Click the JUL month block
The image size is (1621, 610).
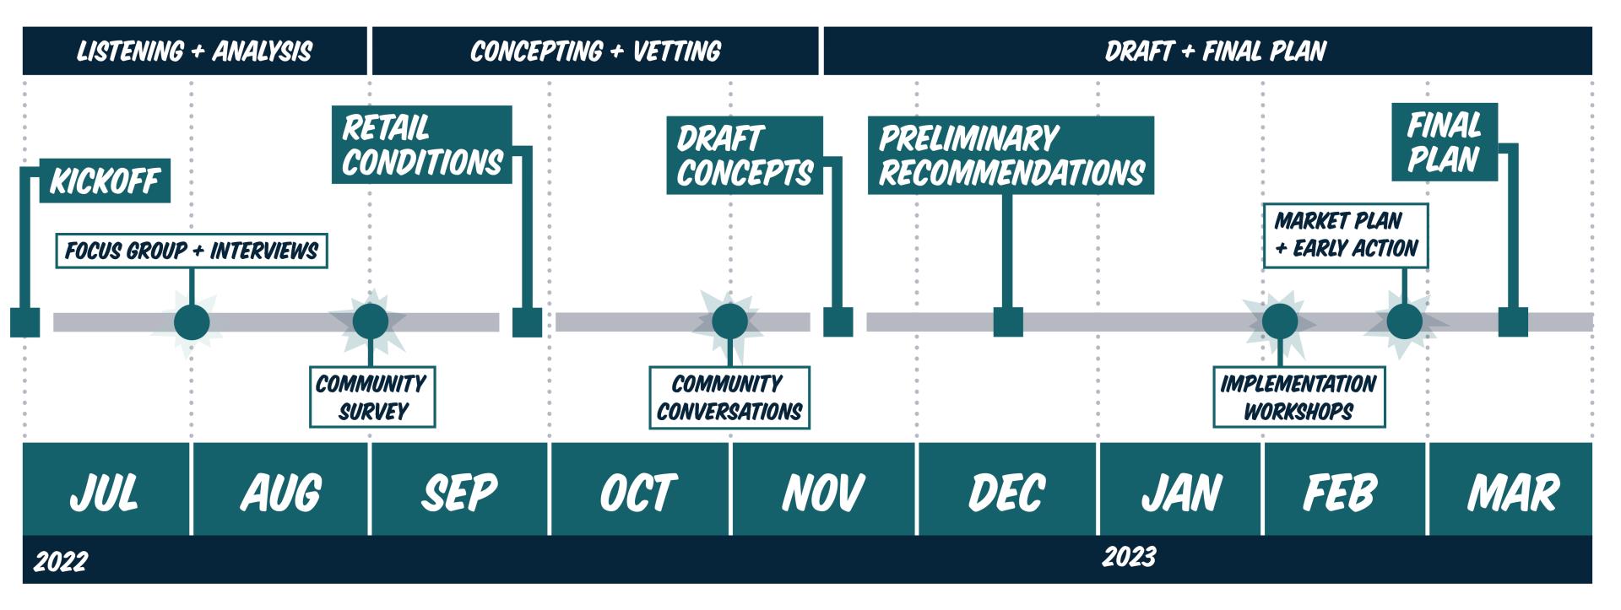click(106, 490)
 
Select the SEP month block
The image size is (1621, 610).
click(459, 490)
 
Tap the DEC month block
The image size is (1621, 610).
click(1006, 490)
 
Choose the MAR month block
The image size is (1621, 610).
click(1510, 490)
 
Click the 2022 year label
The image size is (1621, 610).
click(61, 561)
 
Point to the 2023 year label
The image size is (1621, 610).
click(1129, 557)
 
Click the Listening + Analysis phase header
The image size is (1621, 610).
click(194, 51)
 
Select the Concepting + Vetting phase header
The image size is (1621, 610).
click(595, 51)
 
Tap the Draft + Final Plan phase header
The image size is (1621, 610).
click(1215, 51)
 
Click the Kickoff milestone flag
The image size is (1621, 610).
click(105, 181)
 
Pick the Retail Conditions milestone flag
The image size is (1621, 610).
click(422, 145)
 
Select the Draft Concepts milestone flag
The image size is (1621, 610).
click(744, 156)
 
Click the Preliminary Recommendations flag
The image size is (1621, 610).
click(1011, 156)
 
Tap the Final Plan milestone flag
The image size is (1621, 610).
click(1444, 143)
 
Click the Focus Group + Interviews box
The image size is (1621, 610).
click(192, 251)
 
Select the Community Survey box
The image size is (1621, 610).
click(372, 397)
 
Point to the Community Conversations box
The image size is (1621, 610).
click(729, 397)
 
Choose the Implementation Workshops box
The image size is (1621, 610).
click(1298, 397)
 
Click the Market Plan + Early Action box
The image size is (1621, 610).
click(1346, 235)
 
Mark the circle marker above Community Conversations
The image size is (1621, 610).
click(729, 321)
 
